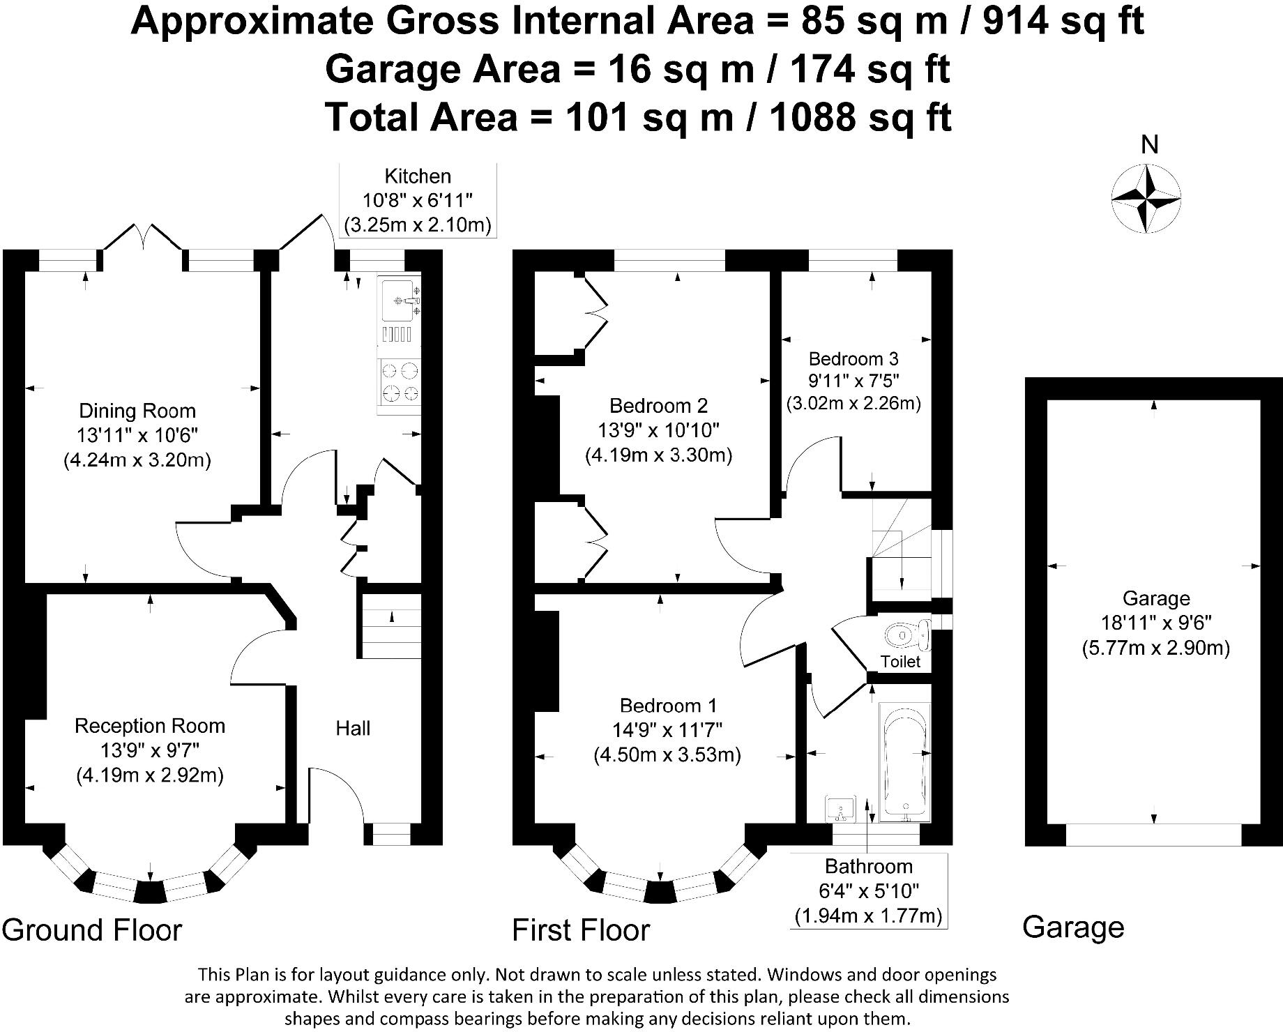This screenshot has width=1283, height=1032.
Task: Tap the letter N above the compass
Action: click(x=1149, y=145)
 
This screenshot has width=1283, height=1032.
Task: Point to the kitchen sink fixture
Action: click(x=400, y=301)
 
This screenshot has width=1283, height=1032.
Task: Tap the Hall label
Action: click(x=353, y=729)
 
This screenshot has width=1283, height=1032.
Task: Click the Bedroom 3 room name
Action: click(x=853, y=359)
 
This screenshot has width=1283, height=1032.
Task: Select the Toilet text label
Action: click(x=900, y=662)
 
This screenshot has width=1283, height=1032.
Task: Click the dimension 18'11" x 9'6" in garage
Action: click(x=1155, y=623)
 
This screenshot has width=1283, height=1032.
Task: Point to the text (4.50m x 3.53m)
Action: click(x=667, y=754)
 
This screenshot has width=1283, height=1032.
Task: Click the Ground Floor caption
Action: click(x=91, y=929)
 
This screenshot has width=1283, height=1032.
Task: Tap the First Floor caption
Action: click(x=581, y=929)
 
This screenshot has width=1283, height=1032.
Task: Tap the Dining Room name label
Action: click(x=137, y=411)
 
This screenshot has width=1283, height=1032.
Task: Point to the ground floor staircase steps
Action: click(x=390, y=625)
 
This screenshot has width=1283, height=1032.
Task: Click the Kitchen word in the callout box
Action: click(x=418, y=176)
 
